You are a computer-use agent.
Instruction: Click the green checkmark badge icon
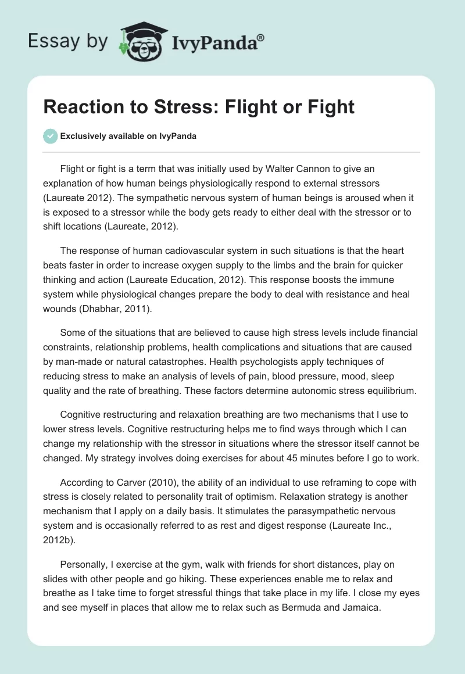(x=51, y=136)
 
